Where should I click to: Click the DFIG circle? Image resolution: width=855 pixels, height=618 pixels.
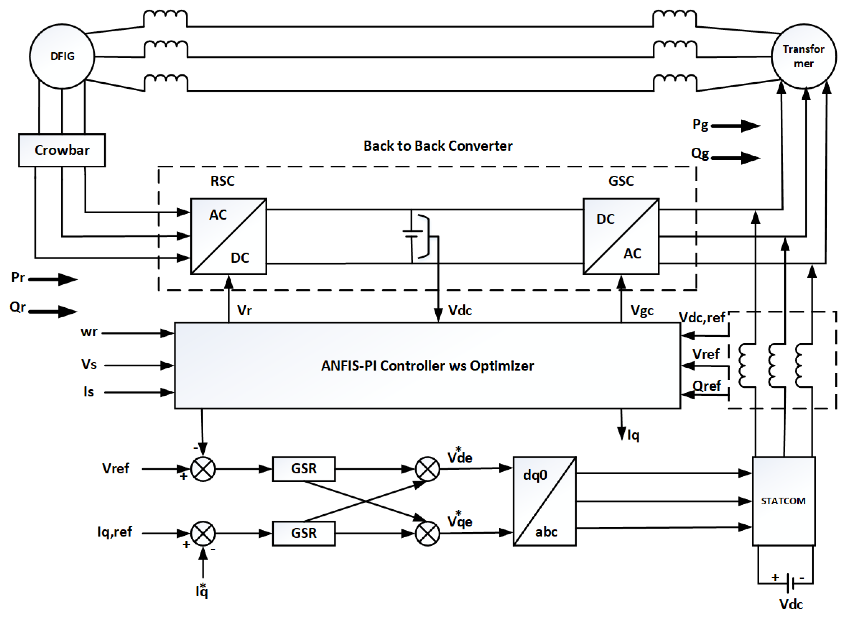click(62, 57)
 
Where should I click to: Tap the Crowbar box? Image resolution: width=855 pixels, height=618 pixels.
click(62, 150)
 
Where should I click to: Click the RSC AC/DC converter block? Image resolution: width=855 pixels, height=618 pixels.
click(228, 236)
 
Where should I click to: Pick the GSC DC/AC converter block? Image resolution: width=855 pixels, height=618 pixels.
click(621, 236)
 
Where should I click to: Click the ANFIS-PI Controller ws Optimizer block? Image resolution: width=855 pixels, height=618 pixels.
click(427, 365)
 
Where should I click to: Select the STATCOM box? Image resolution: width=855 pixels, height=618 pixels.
click(783, 501)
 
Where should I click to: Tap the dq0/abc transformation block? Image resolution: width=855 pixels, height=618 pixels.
click(544, 501)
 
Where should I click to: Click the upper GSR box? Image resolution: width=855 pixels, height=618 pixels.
click(304, 468)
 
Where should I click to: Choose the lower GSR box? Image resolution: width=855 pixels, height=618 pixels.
click(304, 533)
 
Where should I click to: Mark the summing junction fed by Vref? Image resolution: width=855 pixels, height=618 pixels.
click(203, 469)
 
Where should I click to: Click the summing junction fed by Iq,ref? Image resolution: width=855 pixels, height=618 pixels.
click(203, 533)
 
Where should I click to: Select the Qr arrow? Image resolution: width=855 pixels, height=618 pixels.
click(53, 311)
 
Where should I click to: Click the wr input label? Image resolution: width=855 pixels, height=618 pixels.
click(89, 332)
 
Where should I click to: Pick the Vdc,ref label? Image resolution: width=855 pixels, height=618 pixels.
click(702, 318)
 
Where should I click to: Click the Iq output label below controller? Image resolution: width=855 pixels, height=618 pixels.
click(633, 435)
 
